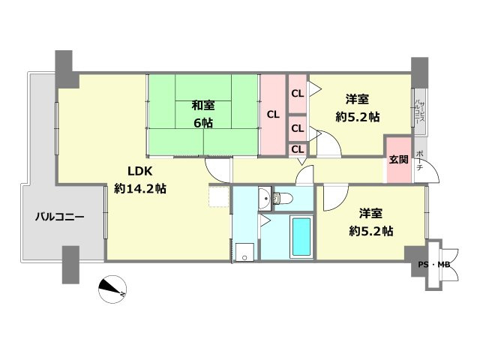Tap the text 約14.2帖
pos(140,189)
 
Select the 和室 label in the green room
pos(202,106)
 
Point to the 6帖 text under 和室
pos(202,123)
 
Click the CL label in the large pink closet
pos(273,115)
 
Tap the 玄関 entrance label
pos(398,160)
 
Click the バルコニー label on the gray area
pos(59,217)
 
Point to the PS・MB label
pos(434,265)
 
